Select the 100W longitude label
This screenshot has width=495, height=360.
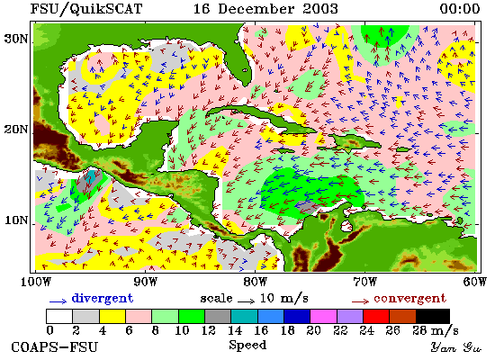point(35,282)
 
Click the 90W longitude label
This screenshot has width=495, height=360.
point(145,282)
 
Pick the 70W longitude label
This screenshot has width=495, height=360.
point(364,282)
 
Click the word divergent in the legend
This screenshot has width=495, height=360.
point(103,298)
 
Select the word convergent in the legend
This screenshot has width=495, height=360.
point(409,298)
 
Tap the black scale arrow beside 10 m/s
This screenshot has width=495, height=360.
point(247,301)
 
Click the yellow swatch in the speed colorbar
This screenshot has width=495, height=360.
point(112,316)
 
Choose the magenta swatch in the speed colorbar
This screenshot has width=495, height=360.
point(323,316)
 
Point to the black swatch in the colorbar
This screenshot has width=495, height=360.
point(433,316)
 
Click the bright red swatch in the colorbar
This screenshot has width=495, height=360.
point(376,316)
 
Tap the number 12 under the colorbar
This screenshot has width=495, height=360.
point(208,330)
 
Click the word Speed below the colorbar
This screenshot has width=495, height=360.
point(247,346)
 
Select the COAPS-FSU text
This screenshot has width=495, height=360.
point(54,347)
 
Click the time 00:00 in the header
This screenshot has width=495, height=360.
point(460,8)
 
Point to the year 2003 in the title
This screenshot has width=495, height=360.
point(320,8)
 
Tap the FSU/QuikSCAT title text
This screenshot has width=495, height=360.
point(85,9)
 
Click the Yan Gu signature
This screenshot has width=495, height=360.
point(455,347)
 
